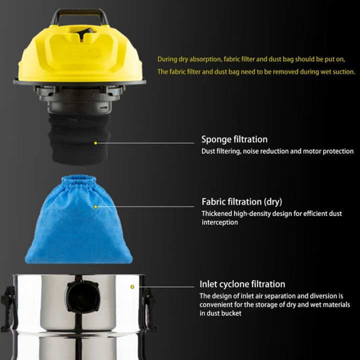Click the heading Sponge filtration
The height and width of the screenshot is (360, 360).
pos(234,139)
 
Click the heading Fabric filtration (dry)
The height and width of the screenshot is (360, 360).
pos(241,202)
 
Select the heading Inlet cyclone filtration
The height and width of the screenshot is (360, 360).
pos(242,284)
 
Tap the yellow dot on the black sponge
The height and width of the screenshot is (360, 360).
pos(95,143)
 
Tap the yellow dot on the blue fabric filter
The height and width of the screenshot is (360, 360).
pos(95,206)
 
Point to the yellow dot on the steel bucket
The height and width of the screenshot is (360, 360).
pos(132,287)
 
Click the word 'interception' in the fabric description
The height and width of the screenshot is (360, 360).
pos(219,222)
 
